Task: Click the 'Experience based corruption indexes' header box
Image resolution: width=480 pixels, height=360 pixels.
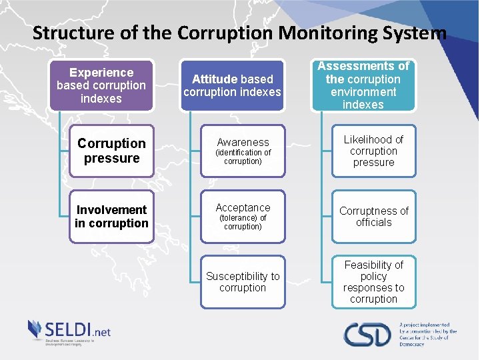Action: pos(101,85)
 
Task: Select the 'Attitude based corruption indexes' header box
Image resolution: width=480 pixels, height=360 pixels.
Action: pos(232,85)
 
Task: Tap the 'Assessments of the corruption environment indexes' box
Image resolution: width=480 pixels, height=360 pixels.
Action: pos(363,85)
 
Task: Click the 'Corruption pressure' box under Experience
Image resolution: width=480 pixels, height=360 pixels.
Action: pos(111,151)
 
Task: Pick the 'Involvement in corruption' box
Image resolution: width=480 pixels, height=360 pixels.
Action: pos(111,217)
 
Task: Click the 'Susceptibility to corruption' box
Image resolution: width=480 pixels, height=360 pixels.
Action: pos(243,282)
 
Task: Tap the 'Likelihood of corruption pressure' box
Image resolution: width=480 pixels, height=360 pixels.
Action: pos(373,151)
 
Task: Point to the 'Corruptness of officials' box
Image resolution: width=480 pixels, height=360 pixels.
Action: pos(373,217)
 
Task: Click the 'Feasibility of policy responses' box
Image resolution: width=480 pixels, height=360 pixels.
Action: pos(373,282)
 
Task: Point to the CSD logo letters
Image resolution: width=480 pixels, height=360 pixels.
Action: pos(367,334)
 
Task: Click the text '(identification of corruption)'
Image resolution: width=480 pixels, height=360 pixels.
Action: pos(243,157)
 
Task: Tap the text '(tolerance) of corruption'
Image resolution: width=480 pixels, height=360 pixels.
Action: pos(243,223)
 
